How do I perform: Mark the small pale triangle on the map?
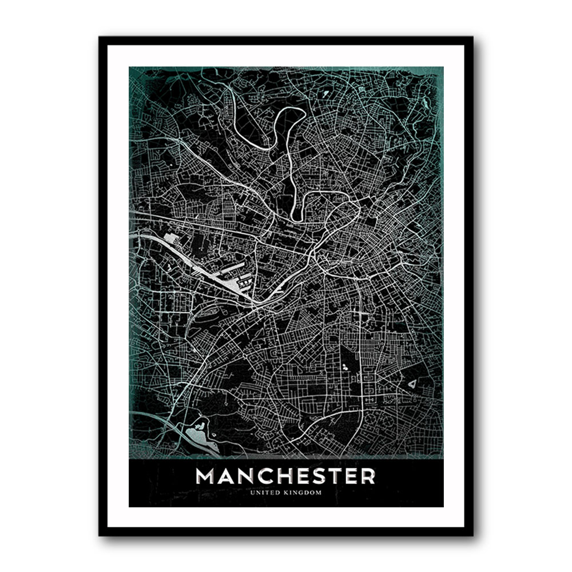click(x=412, y=385)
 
